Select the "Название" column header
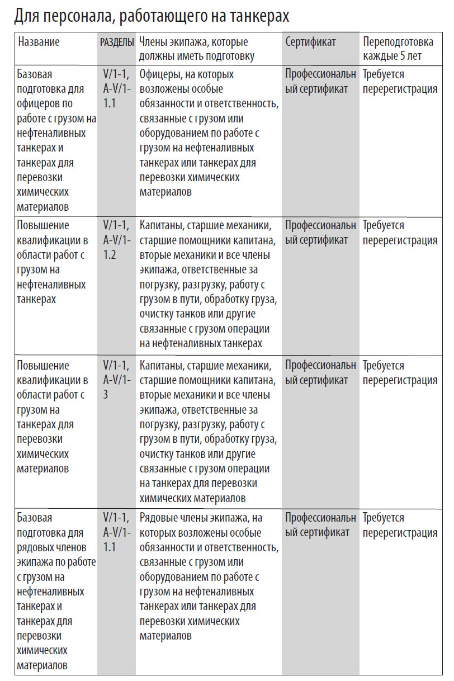click(x=39, y=42)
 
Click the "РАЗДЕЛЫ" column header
click(x=117, y=42)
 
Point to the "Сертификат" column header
click(x=311, y=42)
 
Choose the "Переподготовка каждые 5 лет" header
click(x=398, y=49)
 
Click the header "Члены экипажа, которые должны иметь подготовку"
click(x=196, y=49)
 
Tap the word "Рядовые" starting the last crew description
click(x=160, y=518)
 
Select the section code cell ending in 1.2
click(x=116, y=240)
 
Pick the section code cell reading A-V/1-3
click(x=116, y=380)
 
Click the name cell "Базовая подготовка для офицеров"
click(x=56, y=140)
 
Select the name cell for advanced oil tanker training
click(x=56, y=262)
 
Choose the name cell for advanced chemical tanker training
click(x=56, y=417)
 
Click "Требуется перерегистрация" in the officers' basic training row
click(x=400, y=82)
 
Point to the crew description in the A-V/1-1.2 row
click(x=207, y=284)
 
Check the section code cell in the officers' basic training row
click(x=116, y=89)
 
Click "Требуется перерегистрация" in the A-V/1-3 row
click(x=400, y=373)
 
